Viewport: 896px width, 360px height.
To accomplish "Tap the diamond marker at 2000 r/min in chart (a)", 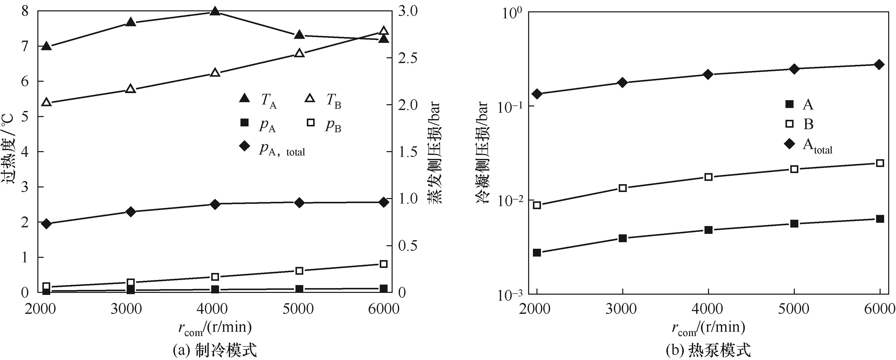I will click(46, 224).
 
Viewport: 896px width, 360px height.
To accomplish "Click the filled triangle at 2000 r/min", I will click(46, 46).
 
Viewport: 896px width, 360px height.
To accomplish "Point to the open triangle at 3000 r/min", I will click(130, 89).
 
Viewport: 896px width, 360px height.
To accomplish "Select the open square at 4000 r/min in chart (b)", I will click(709, 177).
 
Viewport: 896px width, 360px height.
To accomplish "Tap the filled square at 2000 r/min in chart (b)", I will click(537, 253).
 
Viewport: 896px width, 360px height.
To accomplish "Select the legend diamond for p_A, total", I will click(245, 146).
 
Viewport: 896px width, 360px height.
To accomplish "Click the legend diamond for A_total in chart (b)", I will click(790, 143).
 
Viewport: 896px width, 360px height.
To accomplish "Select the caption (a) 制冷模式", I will click(215, 350).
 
